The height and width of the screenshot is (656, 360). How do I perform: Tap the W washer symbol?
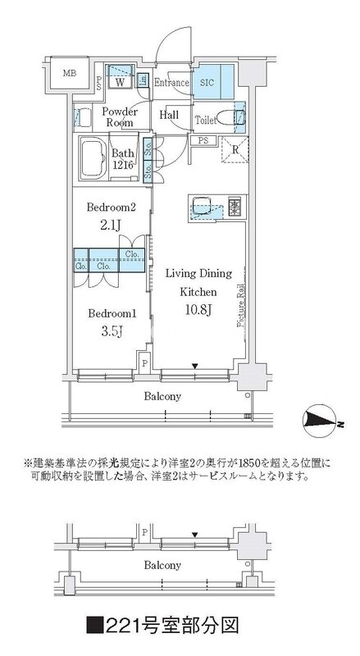pyautogui.click(x=120, y=82)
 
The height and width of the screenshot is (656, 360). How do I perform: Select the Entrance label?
pyautogui.click(x=171, y=83)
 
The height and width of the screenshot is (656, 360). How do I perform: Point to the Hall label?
pyautogui.click(x=170, y=116)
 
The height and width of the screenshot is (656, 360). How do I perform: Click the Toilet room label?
pyautogui.click(x=207, y=120)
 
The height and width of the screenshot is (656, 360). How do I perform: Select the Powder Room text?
pyautogui.click(x=120, y=116)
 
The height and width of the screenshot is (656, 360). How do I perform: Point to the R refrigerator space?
pyautogui.click(x=235, y=150)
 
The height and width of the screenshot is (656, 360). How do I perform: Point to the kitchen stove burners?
pyautogui.click(x=235, y=207)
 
